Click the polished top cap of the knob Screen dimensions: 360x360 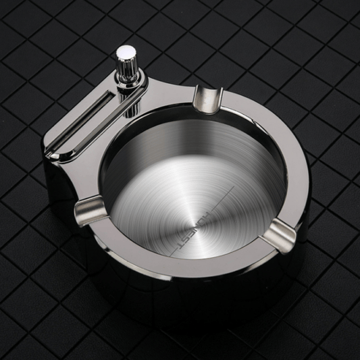coord(126,51)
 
